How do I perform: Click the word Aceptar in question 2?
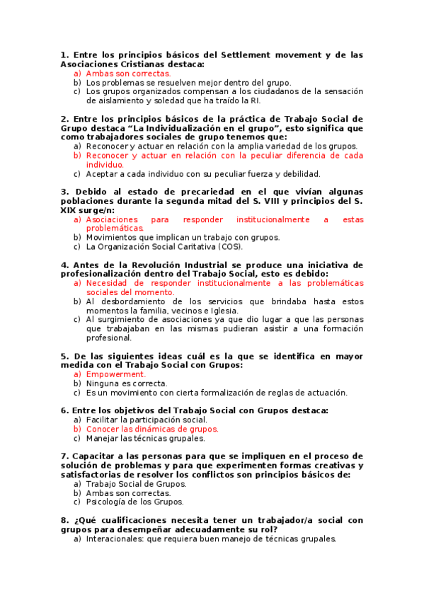click(x=103, y=173)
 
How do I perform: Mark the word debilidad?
click(x=298, y=173)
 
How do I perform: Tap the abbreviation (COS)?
click(x=229, y=247)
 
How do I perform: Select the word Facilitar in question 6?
click(x=103, y=420)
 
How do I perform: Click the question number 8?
click(x=64, y=520)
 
